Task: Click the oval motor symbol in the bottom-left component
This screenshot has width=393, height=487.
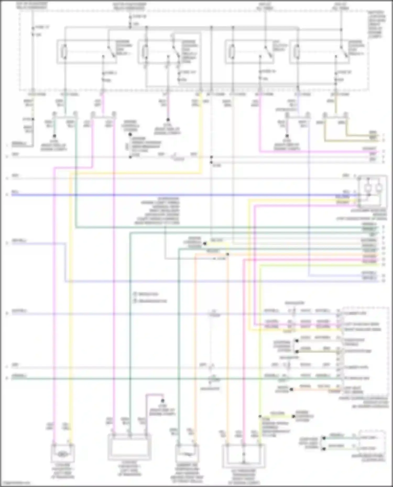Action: click(x=62, y=455)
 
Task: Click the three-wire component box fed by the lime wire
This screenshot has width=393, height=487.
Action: click(x=243, y=456)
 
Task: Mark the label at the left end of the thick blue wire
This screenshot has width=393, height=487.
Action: click(x=15, y=192)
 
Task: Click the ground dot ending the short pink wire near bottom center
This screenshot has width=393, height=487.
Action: click(x=163, y=401)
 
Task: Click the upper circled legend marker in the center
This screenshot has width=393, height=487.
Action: click(x=135, y=294)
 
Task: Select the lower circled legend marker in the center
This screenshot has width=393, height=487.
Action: click(x=135, y=301)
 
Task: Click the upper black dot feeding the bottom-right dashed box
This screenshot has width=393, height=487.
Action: click(x=324, y=438)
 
